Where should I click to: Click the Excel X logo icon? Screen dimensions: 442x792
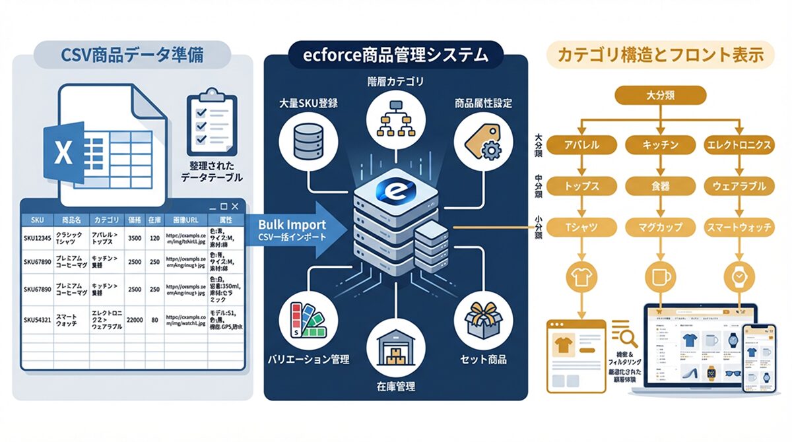coord(63,153)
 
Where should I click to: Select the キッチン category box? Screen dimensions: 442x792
coord(659,144)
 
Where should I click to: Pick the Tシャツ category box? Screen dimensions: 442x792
coord(581,228)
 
